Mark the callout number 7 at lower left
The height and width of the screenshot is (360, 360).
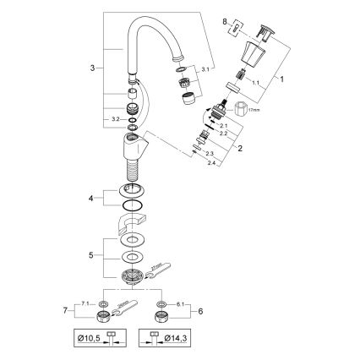78,310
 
